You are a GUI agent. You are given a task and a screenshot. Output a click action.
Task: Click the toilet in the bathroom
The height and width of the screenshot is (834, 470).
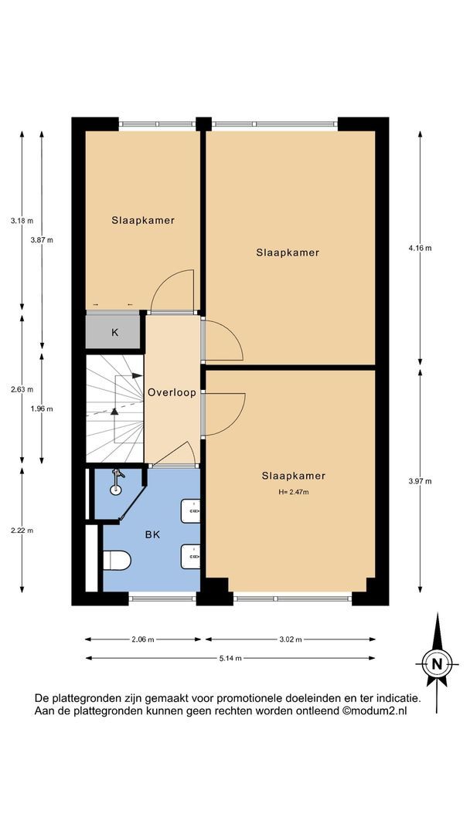pyautogui.click(x=117, y=560)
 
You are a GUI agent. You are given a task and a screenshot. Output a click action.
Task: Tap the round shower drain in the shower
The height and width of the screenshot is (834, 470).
pyautogui.click(x=116, y=490)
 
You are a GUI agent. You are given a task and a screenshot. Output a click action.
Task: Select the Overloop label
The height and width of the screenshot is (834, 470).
pyautogui.click(x=172, y=393)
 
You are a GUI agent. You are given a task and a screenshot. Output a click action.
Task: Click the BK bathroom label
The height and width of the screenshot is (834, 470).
pyautogui.click(x=153, y=535)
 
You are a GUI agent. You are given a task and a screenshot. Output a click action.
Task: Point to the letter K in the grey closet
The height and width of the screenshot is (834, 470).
pyautogui.click(x=114, y=333)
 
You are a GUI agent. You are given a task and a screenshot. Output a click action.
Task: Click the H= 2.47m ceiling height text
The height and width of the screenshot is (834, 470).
pyautogui.click(x=293, y=493)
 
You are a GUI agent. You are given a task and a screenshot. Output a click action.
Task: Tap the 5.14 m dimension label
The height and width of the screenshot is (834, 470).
pyautogui.click(x=230, y=658)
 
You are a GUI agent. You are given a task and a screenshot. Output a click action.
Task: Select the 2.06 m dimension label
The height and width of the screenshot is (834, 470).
pyautogui.click(x=143, y=639)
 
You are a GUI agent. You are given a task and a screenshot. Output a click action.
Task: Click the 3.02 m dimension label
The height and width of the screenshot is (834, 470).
pyautogui.click(x=290, y=639)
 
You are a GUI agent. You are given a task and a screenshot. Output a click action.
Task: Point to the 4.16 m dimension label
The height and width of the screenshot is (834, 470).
pyautogui.click(x=420, y=249)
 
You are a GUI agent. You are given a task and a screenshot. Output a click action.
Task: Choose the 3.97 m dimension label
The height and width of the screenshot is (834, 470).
pyautogui.click(x=420, y=481)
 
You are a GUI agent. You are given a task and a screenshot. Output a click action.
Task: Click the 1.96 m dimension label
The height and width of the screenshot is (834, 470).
pyautogui.click(x=42, y=409)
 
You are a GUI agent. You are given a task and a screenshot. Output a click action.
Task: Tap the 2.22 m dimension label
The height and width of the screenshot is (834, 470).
pyautogui.click(x=22, y=531)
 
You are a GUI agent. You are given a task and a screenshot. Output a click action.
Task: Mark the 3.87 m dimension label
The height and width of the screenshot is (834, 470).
pyautogui.click(x=42, y=240)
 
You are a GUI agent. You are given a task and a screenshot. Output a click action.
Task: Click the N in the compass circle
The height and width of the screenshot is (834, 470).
pyautogui.click(x=437, y=664)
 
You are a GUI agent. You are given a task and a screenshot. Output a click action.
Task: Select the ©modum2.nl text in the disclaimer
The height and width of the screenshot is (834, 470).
pyautogui.click(x=374, y=710)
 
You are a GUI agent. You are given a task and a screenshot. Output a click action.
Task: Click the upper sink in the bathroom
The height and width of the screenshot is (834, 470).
pyautogui.click(x=190, y=511)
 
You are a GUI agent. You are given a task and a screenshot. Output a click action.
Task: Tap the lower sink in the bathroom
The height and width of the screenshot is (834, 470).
pyautogui.click(x=190, y=557)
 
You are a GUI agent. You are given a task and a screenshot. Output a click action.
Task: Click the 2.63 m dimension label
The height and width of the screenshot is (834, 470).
pyautogui.click(x=22, y=388)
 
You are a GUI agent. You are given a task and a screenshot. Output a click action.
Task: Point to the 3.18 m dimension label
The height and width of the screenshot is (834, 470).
pyautogui.click(x=22, y=221)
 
